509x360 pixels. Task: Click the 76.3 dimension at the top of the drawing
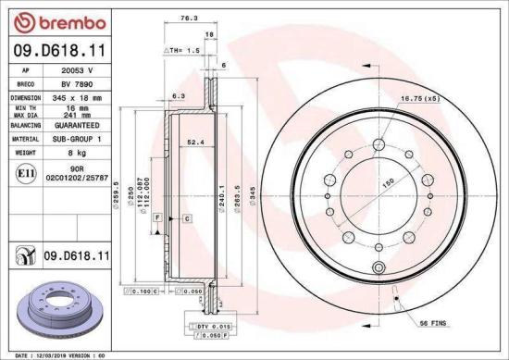click(188, 18)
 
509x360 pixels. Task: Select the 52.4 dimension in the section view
click(195, 143)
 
